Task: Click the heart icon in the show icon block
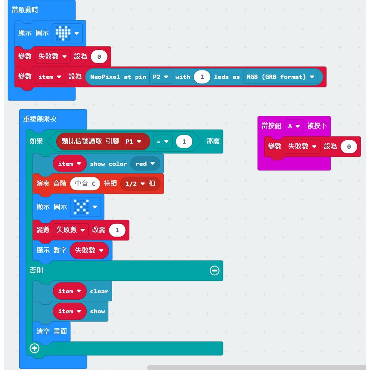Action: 63,33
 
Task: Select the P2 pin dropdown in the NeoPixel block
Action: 160,77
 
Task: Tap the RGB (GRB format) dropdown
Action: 280,77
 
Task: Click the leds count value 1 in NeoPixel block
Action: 202,77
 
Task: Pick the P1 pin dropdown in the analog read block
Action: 133,142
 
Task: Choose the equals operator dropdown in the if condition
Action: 162,142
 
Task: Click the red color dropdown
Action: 145,164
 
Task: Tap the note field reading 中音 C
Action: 85,184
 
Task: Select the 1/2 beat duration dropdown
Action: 140,184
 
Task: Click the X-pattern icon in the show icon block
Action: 81,207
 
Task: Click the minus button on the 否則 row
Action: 214,270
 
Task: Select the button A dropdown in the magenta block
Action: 294,126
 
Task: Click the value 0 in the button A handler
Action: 349,147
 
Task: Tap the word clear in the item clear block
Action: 99,292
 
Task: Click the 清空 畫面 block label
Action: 52,331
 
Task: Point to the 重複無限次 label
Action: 40,119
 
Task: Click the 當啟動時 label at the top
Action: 25,10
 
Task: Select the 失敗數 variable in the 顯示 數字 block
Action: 89,250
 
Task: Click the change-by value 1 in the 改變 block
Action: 117,230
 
